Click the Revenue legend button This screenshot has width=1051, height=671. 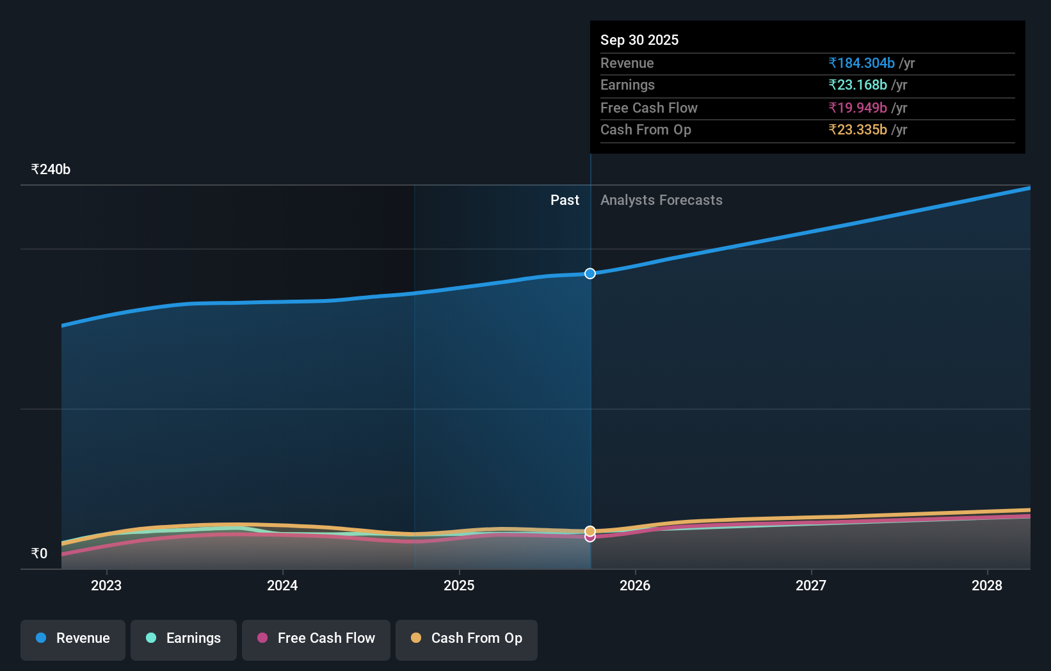click(x=73, y=639)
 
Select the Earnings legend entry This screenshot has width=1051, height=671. click(x=184, y=639)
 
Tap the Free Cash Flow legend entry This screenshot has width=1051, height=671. click(x=316, y=639)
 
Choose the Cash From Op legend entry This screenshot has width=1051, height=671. click(x=467, y=639)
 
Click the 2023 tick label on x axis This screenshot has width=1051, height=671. click(x=106, y=586)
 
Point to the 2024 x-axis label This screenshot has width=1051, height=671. click(x=282, y=586)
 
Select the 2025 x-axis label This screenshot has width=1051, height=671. click(x=459, y=586)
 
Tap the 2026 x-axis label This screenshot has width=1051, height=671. click(x=635, y=586)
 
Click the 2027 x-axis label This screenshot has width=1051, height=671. click(x=811, y=586)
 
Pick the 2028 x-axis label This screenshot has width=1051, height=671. click(x=987, y=586)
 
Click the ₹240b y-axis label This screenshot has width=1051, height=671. click(x=51, y=170)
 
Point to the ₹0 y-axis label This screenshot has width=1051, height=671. click(x=39, y=554)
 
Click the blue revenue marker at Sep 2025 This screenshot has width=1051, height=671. click(x=590, y=273)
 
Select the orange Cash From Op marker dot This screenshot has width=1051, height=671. click(x=590, y=531)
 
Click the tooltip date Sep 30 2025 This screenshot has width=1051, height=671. click(x=639, y=40)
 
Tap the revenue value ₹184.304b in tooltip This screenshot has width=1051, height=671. click(x=862, y=63)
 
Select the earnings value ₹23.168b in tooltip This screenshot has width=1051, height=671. click(x=858, y=85)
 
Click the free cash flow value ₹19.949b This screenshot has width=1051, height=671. click(x=858, y=108)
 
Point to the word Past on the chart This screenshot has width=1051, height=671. click(x=565, y=200)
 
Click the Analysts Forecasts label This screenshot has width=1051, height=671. click(x=661, y=200)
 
